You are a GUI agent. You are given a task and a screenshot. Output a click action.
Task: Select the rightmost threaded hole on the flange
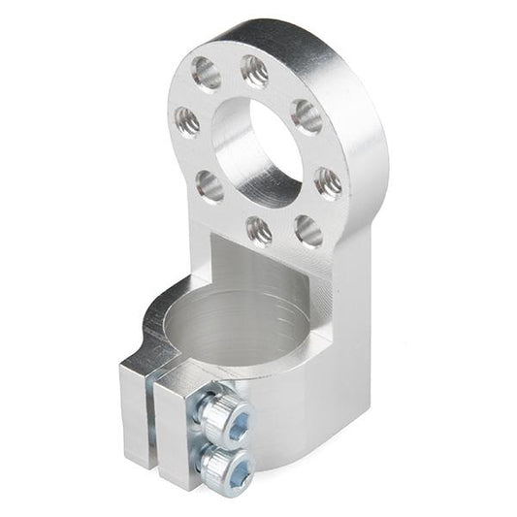328,181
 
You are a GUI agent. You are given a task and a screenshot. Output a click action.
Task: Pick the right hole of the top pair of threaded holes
254,70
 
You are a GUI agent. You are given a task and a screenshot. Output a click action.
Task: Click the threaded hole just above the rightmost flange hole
307,116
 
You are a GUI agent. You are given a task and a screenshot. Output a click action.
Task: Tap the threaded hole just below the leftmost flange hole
209,184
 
